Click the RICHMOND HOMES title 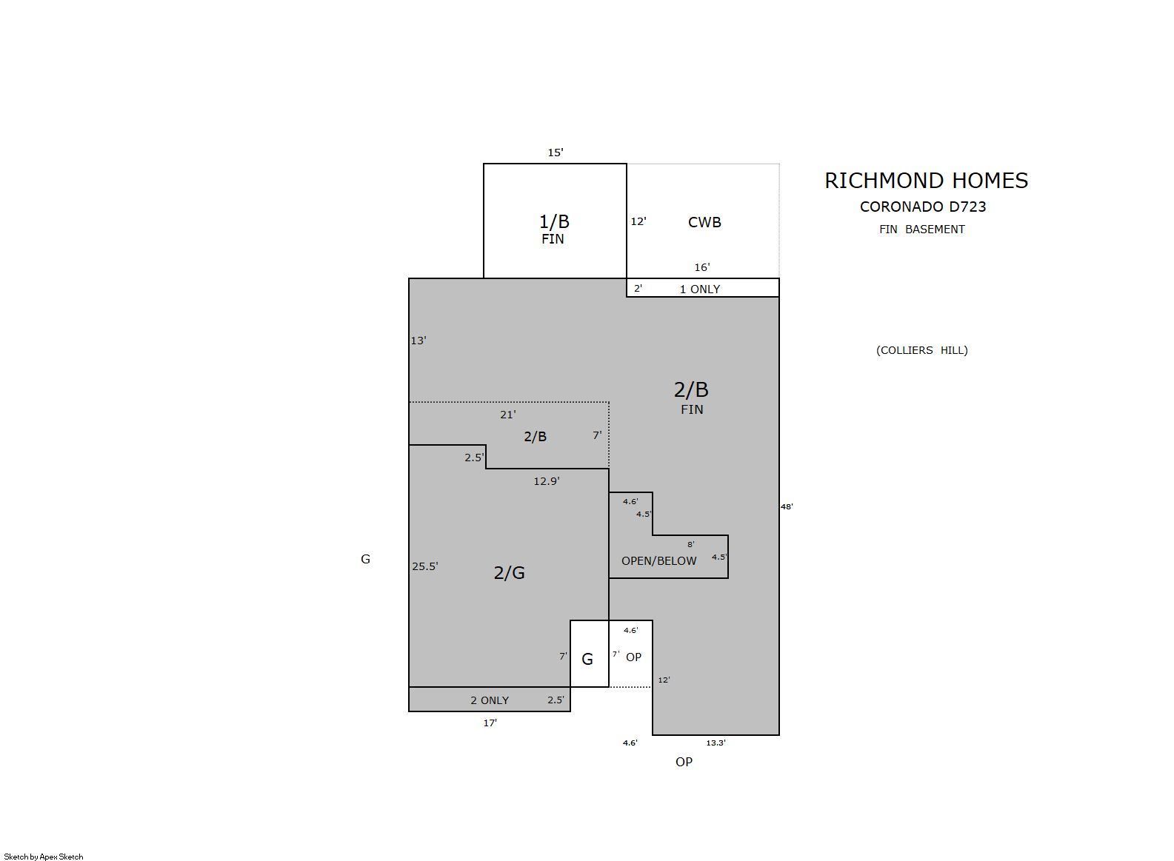click(926, 181)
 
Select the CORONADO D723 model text click(923, 207)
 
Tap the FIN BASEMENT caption click(922, 230)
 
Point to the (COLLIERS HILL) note click(922, 350)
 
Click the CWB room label click(704, 222)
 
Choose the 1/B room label click(554, 221)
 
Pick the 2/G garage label click(509, 572)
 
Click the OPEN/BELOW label click(658, 561)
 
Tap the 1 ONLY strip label click(700, 289)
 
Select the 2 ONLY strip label click(490, 700)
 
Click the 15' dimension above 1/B click(556, 153)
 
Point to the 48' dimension click(787, 506)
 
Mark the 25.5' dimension click(425, 566)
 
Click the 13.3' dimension click(716, 743)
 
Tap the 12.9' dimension click(547, 480)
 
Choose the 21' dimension click(508, 415)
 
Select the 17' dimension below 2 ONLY click(490, 723)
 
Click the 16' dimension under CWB click(702, 267)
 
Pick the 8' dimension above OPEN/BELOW click(691, 544)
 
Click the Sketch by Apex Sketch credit click(44, 857)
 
